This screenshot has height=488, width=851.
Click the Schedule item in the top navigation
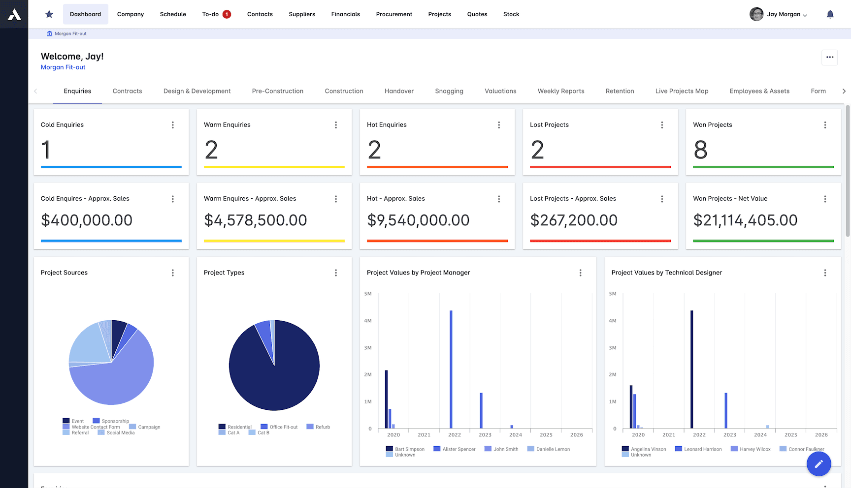pyautogui.click(x=173, y=14)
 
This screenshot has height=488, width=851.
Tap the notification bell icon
pyautogui.click(x=830, y=14)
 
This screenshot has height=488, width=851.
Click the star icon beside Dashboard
pyautogui.click(x=49, y=14)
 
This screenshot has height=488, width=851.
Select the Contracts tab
pyautogui.click(x=127, y=91)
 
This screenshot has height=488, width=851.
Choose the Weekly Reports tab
pyautogui.click(x=560, y=91)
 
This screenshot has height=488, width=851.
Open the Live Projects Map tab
pyautogui.click(x=682, y=91)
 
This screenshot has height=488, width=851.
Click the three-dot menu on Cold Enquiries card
pyautogui.click(x=173, y=125)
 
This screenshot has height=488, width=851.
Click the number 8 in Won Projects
pyautogui.click(x=700, y=150)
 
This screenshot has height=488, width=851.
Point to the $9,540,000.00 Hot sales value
pyautogui.click(x=418, y=220)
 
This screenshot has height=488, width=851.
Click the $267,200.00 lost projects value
pyautogui.click(x=573, y=220)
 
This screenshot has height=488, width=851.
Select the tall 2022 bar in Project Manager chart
pyautogui.click(x=451, y=369)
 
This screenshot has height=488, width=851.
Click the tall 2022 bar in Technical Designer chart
pyautogui.click(x=692, y=369)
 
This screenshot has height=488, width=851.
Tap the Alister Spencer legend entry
pyautogui.click(x=455, y=449)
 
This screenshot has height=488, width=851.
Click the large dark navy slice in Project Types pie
pyautogui.click(x=286, y=379)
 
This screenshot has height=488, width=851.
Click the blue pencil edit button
pyautogui.click(x=818, y=463)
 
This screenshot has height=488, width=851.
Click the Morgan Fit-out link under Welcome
pyautogui.click(x=63, y=67)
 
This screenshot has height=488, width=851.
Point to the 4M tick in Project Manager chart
pyautogui.click(x=368, y=321)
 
